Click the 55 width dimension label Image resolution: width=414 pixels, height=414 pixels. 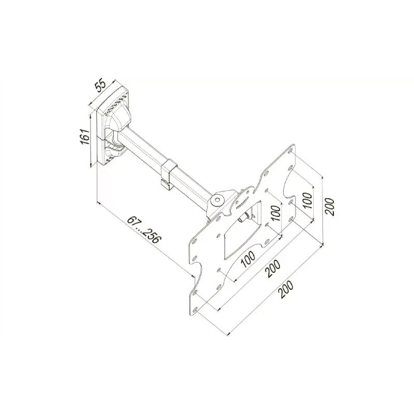pyautogui.click(x=100, y=86)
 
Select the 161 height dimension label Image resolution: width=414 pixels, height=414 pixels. pyautogui.click(x=84, y=137)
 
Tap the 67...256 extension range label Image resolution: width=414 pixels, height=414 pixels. pyautogui.click(x=144, y=230)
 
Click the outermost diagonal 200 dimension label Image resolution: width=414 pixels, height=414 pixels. pyautogui.click(x=286, y=289)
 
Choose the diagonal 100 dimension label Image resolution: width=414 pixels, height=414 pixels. pyautogui.click(x=248, y=259)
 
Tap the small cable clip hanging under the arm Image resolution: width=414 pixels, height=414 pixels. pyautogui.click(x=166, y=185)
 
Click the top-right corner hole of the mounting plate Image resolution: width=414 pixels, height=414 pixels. pyautogui.click(x=291, y=152)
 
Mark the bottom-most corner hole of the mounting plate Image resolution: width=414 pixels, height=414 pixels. pyautogui.click(x=195, y=309)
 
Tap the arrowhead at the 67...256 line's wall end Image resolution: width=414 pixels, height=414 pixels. pyautogui.click(x=99, y=203)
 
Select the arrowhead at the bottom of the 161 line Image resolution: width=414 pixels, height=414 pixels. pyautogui.click(x=91, y=165)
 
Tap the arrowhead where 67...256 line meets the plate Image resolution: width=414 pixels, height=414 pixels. pyautogui.click(x=193, y=275)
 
